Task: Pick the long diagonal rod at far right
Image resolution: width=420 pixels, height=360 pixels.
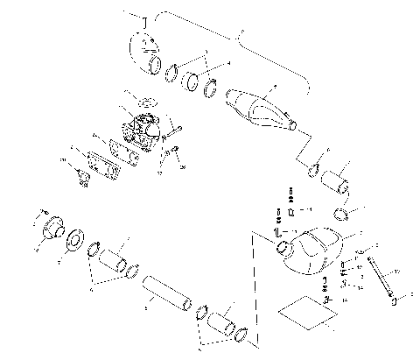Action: (x=383, y=279)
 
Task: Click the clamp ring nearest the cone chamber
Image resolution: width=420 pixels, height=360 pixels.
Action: (x=211, y=88)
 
